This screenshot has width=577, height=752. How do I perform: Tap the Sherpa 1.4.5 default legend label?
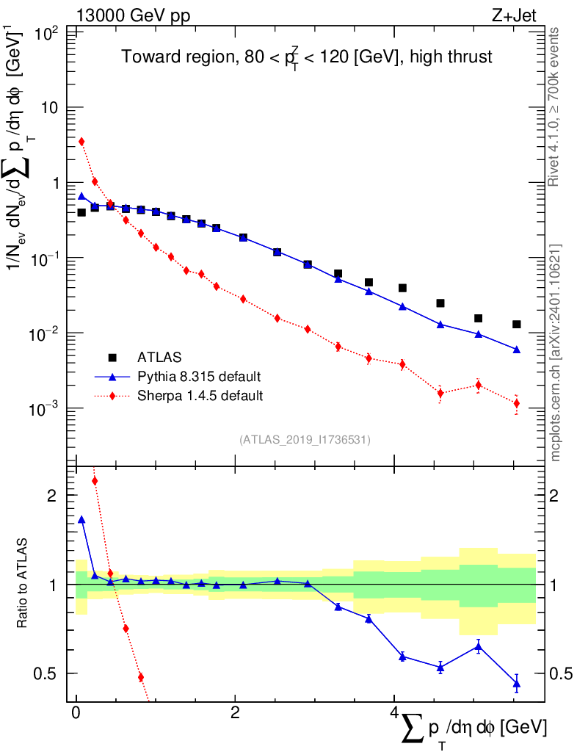point(200,396)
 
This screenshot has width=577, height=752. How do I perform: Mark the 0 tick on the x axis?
point(76,713)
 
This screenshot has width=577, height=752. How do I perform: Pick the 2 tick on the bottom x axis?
point(234,713)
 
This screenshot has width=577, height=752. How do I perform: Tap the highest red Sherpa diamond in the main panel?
point(81,142)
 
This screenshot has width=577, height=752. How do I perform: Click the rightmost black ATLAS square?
point(517,324)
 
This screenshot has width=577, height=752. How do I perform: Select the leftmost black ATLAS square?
point(81,212)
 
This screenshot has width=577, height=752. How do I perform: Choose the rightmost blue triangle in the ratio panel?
point(517,684)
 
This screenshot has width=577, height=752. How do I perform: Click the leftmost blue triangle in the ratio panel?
point(81,519)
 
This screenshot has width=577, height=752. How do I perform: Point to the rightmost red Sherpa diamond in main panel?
point(517,403)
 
